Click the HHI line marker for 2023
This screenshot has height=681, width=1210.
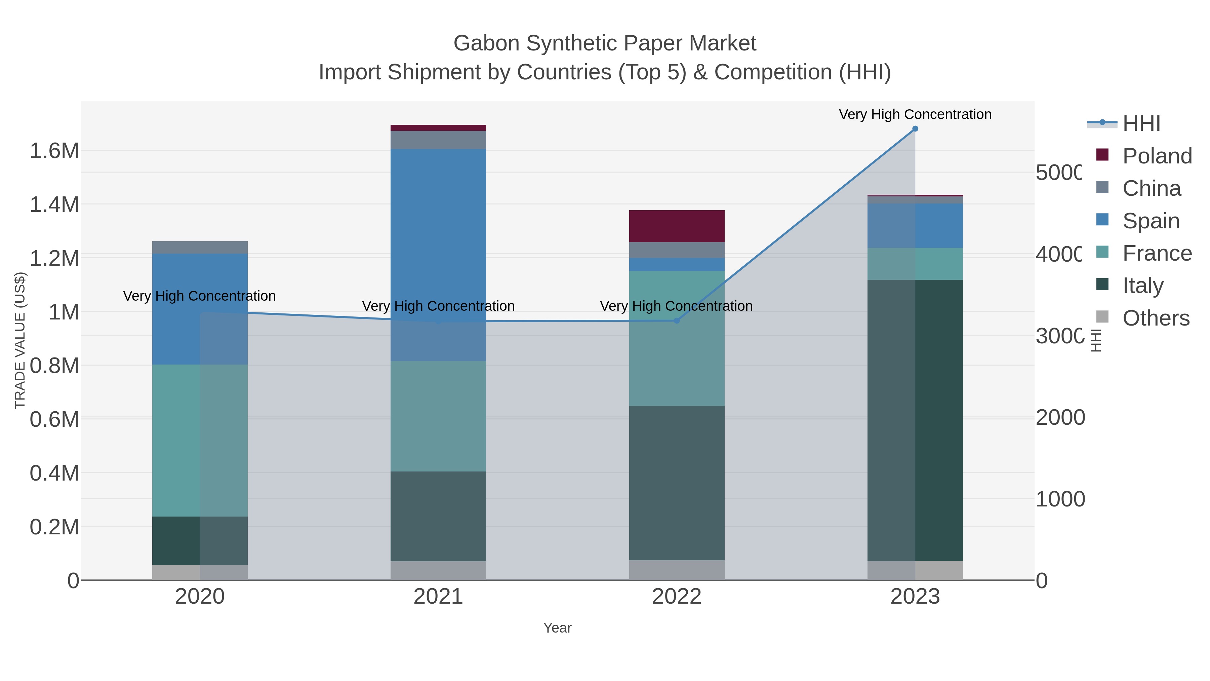(915, 129)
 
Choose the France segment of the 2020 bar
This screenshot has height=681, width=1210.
(200, 440)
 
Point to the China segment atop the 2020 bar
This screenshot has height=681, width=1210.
(200, 247)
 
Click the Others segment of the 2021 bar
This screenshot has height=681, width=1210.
(438, 571)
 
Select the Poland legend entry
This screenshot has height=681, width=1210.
(1157, 156)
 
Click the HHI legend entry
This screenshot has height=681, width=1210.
(1141, 124)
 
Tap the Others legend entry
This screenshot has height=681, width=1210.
(1156, 318)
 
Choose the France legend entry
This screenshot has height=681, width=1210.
(1157, 253)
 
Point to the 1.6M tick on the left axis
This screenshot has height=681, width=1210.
(54, 151)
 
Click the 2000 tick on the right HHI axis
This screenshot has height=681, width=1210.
(1060, 417)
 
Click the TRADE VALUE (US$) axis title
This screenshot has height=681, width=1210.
(20, 340)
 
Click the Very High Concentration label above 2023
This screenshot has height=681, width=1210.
(915, 114)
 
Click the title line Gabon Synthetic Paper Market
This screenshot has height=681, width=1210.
(605, 43)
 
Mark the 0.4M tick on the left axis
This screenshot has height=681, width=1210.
(54, 473)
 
